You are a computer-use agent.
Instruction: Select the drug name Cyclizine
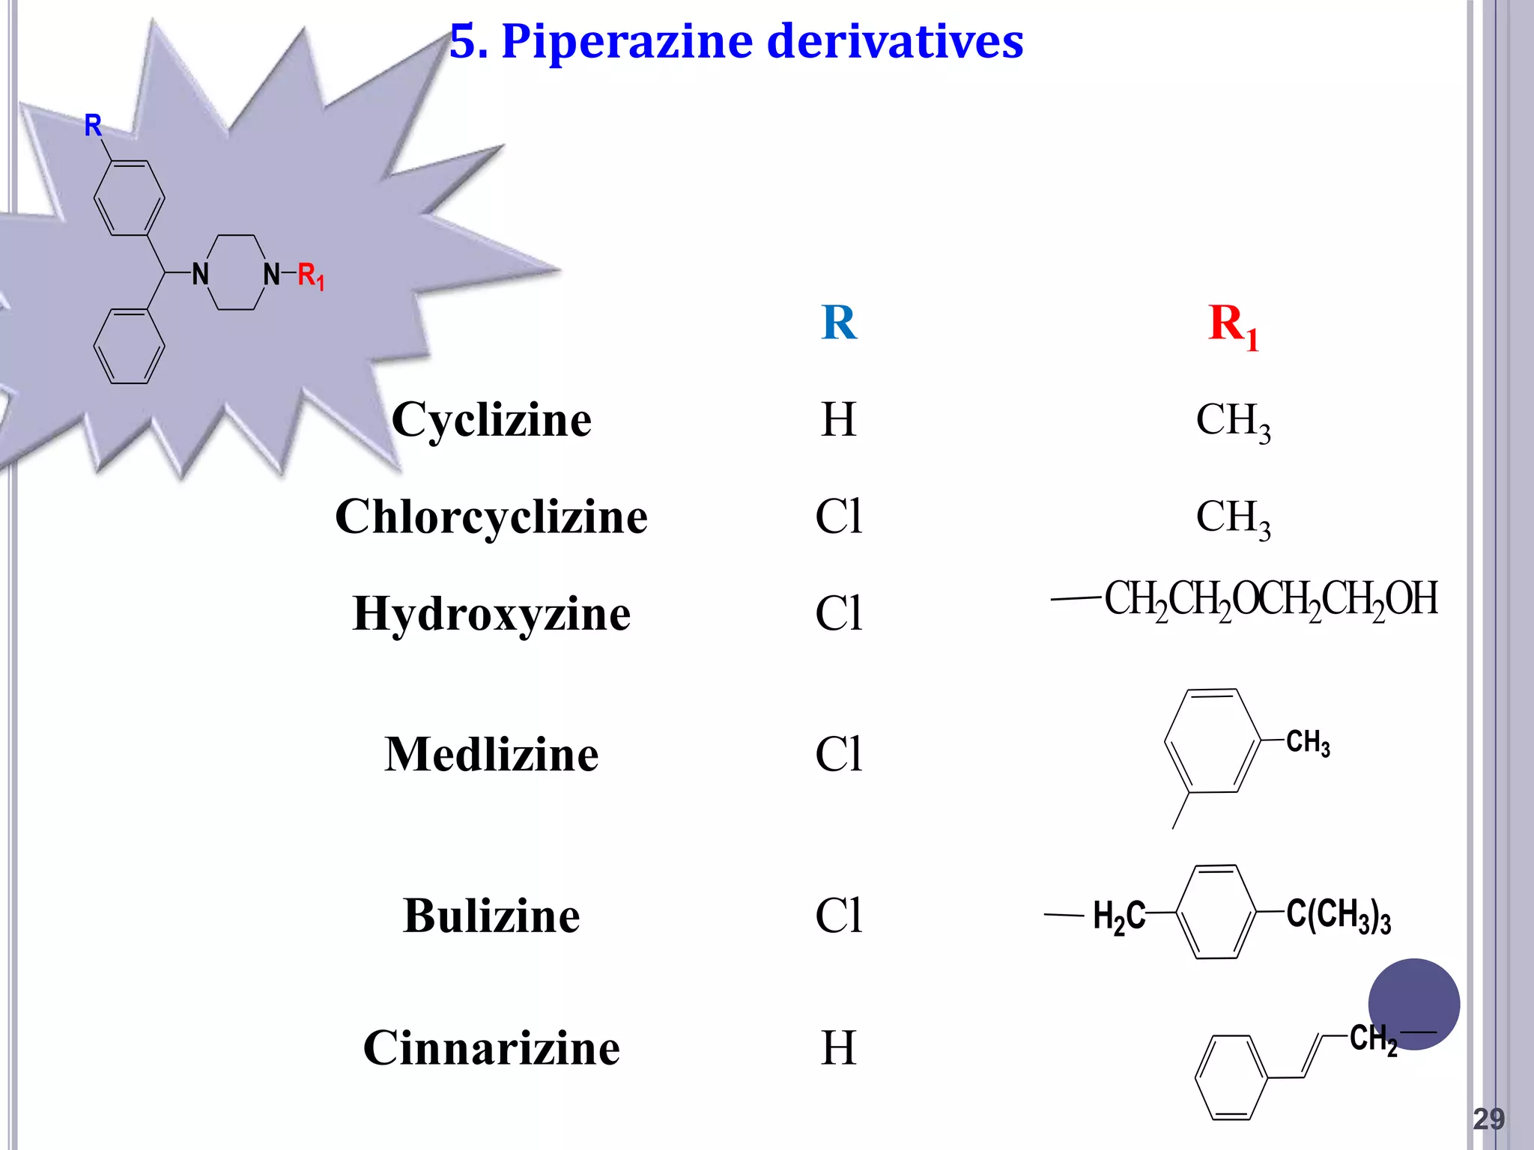tap(491, 419)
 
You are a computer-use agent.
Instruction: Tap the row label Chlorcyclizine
tap(491, 517)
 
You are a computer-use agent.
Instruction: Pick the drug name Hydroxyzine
tap(491, 614)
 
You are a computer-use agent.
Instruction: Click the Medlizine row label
tap(491, 754)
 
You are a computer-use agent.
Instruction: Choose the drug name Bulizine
tap(491, 916)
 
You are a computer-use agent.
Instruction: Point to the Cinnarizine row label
tap(491, 1047)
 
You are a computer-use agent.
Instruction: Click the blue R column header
tap(838, 323)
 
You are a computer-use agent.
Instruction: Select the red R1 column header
tap(1233, 326)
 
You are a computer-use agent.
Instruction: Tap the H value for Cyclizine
tap(838, 419)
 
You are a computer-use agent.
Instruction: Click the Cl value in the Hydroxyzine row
tap(838, 614)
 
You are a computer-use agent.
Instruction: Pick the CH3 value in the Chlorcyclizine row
tap(1233, 518)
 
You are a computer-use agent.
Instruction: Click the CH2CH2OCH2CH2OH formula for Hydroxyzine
tap(1270, 600)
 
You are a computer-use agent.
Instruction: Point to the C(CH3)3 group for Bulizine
tap(1338, 915)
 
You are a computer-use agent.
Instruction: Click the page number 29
tap(1488, 1119)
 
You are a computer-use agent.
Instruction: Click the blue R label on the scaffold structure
tap(93, 126)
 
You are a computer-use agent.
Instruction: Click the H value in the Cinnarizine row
tap(838, 1047)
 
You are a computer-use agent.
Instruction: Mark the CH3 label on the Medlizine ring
tap(1308, 742)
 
